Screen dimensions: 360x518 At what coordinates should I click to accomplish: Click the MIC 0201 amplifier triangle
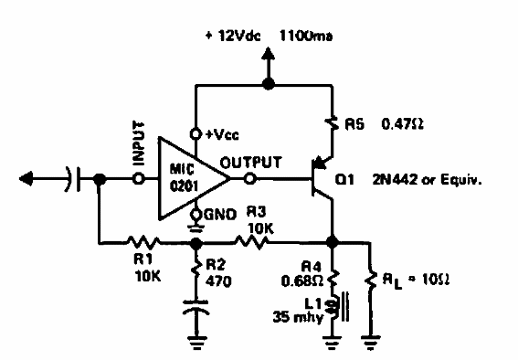(187, 170)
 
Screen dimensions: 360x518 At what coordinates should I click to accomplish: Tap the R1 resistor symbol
(144, 243)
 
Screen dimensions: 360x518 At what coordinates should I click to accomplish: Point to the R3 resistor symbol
(250, 243)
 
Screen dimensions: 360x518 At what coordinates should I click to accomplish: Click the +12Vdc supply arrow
(269, 63)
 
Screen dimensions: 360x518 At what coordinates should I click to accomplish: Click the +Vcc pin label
(220, 134)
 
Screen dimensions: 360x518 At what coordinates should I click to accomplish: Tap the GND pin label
(216, 215)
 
